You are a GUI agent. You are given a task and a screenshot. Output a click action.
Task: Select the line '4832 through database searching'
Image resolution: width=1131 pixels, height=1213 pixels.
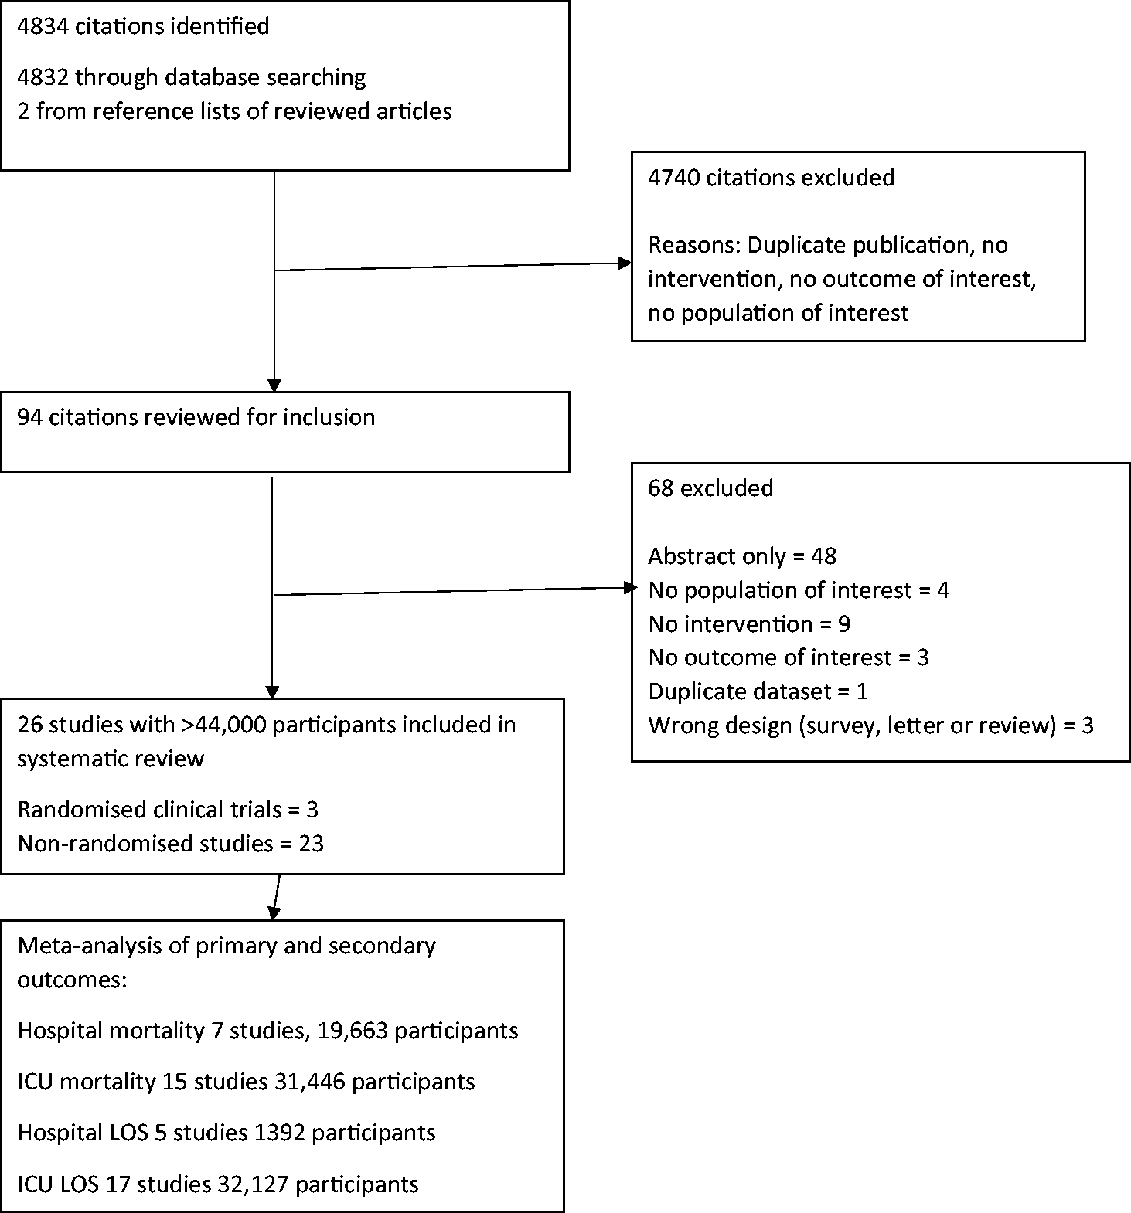192,77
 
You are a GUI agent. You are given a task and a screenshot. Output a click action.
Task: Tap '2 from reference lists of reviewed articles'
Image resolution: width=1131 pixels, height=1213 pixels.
234,111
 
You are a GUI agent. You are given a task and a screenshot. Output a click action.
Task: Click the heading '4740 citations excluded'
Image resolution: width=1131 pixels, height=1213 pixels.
771,178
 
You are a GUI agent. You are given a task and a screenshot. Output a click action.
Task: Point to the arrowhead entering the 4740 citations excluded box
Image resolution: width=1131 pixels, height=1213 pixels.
625,263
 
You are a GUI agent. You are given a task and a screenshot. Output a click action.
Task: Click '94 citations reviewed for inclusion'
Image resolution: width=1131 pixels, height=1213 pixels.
196,417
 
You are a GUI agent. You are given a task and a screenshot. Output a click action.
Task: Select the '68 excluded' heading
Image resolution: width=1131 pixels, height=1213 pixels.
710,488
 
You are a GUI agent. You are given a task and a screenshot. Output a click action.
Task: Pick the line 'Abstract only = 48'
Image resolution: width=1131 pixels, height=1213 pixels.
742,556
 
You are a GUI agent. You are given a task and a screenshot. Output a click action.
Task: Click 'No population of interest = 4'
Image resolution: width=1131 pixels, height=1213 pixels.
799,590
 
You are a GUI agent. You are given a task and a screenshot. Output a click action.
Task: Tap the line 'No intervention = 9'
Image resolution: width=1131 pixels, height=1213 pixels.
749,623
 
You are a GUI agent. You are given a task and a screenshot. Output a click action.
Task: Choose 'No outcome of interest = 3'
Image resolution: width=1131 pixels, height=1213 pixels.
789,657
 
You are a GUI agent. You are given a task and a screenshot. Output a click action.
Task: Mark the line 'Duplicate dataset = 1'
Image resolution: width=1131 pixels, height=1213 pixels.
758,691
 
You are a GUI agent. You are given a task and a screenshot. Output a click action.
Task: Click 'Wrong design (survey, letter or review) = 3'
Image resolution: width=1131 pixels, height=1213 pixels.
870,725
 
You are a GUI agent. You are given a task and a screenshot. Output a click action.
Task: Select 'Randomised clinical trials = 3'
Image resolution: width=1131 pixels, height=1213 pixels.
168,810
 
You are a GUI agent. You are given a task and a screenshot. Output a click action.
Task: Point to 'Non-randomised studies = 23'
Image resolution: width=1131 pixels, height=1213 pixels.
170,843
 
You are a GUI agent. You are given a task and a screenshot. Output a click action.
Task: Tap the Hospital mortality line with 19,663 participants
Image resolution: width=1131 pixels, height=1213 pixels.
267,1031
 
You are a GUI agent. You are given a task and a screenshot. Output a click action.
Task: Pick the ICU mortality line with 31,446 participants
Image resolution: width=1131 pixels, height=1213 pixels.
246,1082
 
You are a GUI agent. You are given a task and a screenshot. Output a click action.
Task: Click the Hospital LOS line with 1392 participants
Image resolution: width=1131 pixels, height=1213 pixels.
227,1133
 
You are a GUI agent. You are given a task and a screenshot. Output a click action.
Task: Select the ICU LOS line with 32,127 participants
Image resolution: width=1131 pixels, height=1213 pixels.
218,1184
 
